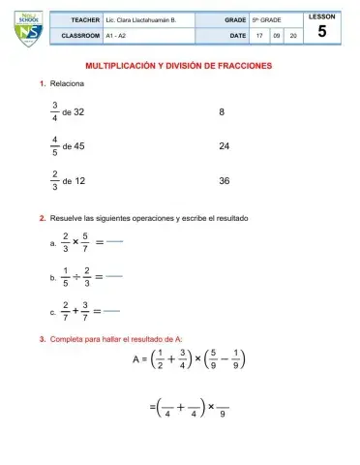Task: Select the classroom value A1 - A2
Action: tap(115, 34)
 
